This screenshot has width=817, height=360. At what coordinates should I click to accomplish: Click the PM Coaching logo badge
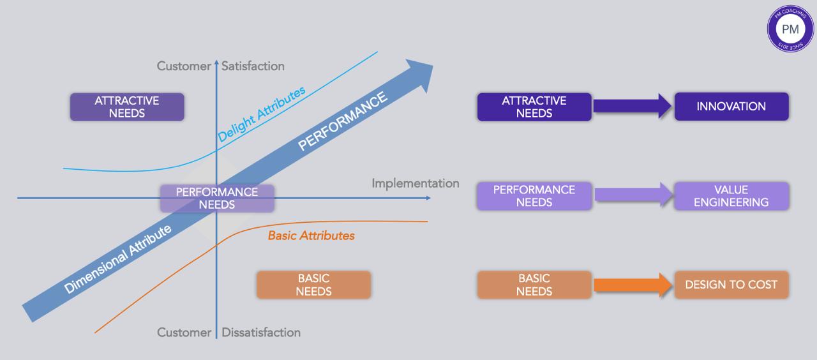click(x=790, y=28)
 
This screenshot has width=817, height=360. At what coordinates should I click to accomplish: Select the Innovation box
click(x=731, y=107)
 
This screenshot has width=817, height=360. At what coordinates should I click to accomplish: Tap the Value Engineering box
click(x=731, y=196)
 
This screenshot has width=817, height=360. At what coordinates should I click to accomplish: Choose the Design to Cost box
click(x=731, y=285)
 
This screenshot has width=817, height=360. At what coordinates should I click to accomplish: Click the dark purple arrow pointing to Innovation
click(x=633, y=106)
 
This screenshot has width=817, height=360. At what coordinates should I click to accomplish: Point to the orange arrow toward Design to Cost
click(x=633, y=285)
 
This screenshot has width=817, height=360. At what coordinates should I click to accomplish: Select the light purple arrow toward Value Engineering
click(x=633, y=195)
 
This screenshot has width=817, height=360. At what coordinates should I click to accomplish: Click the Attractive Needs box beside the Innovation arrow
click(x=534, y=107)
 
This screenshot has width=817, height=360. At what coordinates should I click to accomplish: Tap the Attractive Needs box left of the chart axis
click(x=127, y=107)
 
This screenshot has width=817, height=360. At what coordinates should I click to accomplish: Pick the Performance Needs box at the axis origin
click(x=217, y=199)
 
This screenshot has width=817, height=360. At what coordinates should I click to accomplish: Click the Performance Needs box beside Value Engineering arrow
click(x=534, y=196)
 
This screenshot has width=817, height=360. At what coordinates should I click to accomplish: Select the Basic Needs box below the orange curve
click(x=313, y=285)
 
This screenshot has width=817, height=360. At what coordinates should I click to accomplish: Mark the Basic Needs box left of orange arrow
click(x=534, y=285)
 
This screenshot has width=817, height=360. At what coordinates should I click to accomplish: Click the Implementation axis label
click(x=416, y=184)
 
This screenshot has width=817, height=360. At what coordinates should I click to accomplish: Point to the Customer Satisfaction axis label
click(x=221, y=66)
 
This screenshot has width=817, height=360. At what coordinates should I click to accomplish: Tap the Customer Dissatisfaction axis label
click(x=229, y=333)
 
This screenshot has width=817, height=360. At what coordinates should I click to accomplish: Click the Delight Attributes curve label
click(x=261, y=114)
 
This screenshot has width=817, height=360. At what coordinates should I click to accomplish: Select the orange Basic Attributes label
click(x=311, y=236)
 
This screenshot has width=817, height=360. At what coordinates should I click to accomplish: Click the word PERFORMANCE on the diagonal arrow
click(x=343, y=121)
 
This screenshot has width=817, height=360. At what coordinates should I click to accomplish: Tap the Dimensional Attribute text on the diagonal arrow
click(x=118, y=259)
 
